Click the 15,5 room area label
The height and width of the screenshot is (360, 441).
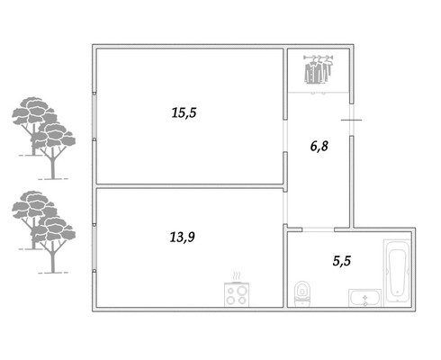pyautogui.click(x=184, y=112)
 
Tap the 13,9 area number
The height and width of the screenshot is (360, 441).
pyautogui.click(x=183, y=237)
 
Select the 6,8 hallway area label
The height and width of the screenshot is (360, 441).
pyautogui.click(x=319, y=146)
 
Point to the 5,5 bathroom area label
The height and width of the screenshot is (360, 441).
pyautogui.click(x=342, y=261)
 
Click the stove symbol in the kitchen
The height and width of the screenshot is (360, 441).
pyautogui.click(x=237, y=294)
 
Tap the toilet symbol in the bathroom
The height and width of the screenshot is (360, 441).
pyautogui.click(x=302, y=293)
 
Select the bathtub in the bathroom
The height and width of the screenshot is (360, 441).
pyautogui.click(x=398, y=271)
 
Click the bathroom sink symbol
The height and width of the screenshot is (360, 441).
pyautogui.click(x=364, y=298)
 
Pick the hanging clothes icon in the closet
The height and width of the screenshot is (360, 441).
pyautogui.click(x=319, y=69)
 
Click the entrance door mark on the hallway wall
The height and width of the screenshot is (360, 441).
pyautogui.click(x=351, y=120)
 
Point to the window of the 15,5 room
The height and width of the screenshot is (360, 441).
pyautogui.click(x=94, y=116)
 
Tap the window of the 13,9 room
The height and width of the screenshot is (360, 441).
pyautogui.click(x=94, y=247)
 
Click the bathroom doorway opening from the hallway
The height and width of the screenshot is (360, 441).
pyautogui.click(x=318, y=229)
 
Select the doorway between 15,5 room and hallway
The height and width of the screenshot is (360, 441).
pyautogui.click(x=285, y=136)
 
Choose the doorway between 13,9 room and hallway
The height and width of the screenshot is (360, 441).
pyautogui.click(x=285, y=208)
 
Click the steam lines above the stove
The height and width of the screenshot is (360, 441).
pyautogui.click(x=237, y=276)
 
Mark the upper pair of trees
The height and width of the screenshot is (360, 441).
pyautogui.click(x=44, y=138)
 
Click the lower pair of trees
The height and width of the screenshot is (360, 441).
pyautogui.click(x=44, y=232)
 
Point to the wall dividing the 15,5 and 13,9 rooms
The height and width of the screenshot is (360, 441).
pyautogui.click(x=190, y=186)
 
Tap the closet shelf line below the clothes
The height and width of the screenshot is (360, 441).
pyautogui.click(x=319, y=93)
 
